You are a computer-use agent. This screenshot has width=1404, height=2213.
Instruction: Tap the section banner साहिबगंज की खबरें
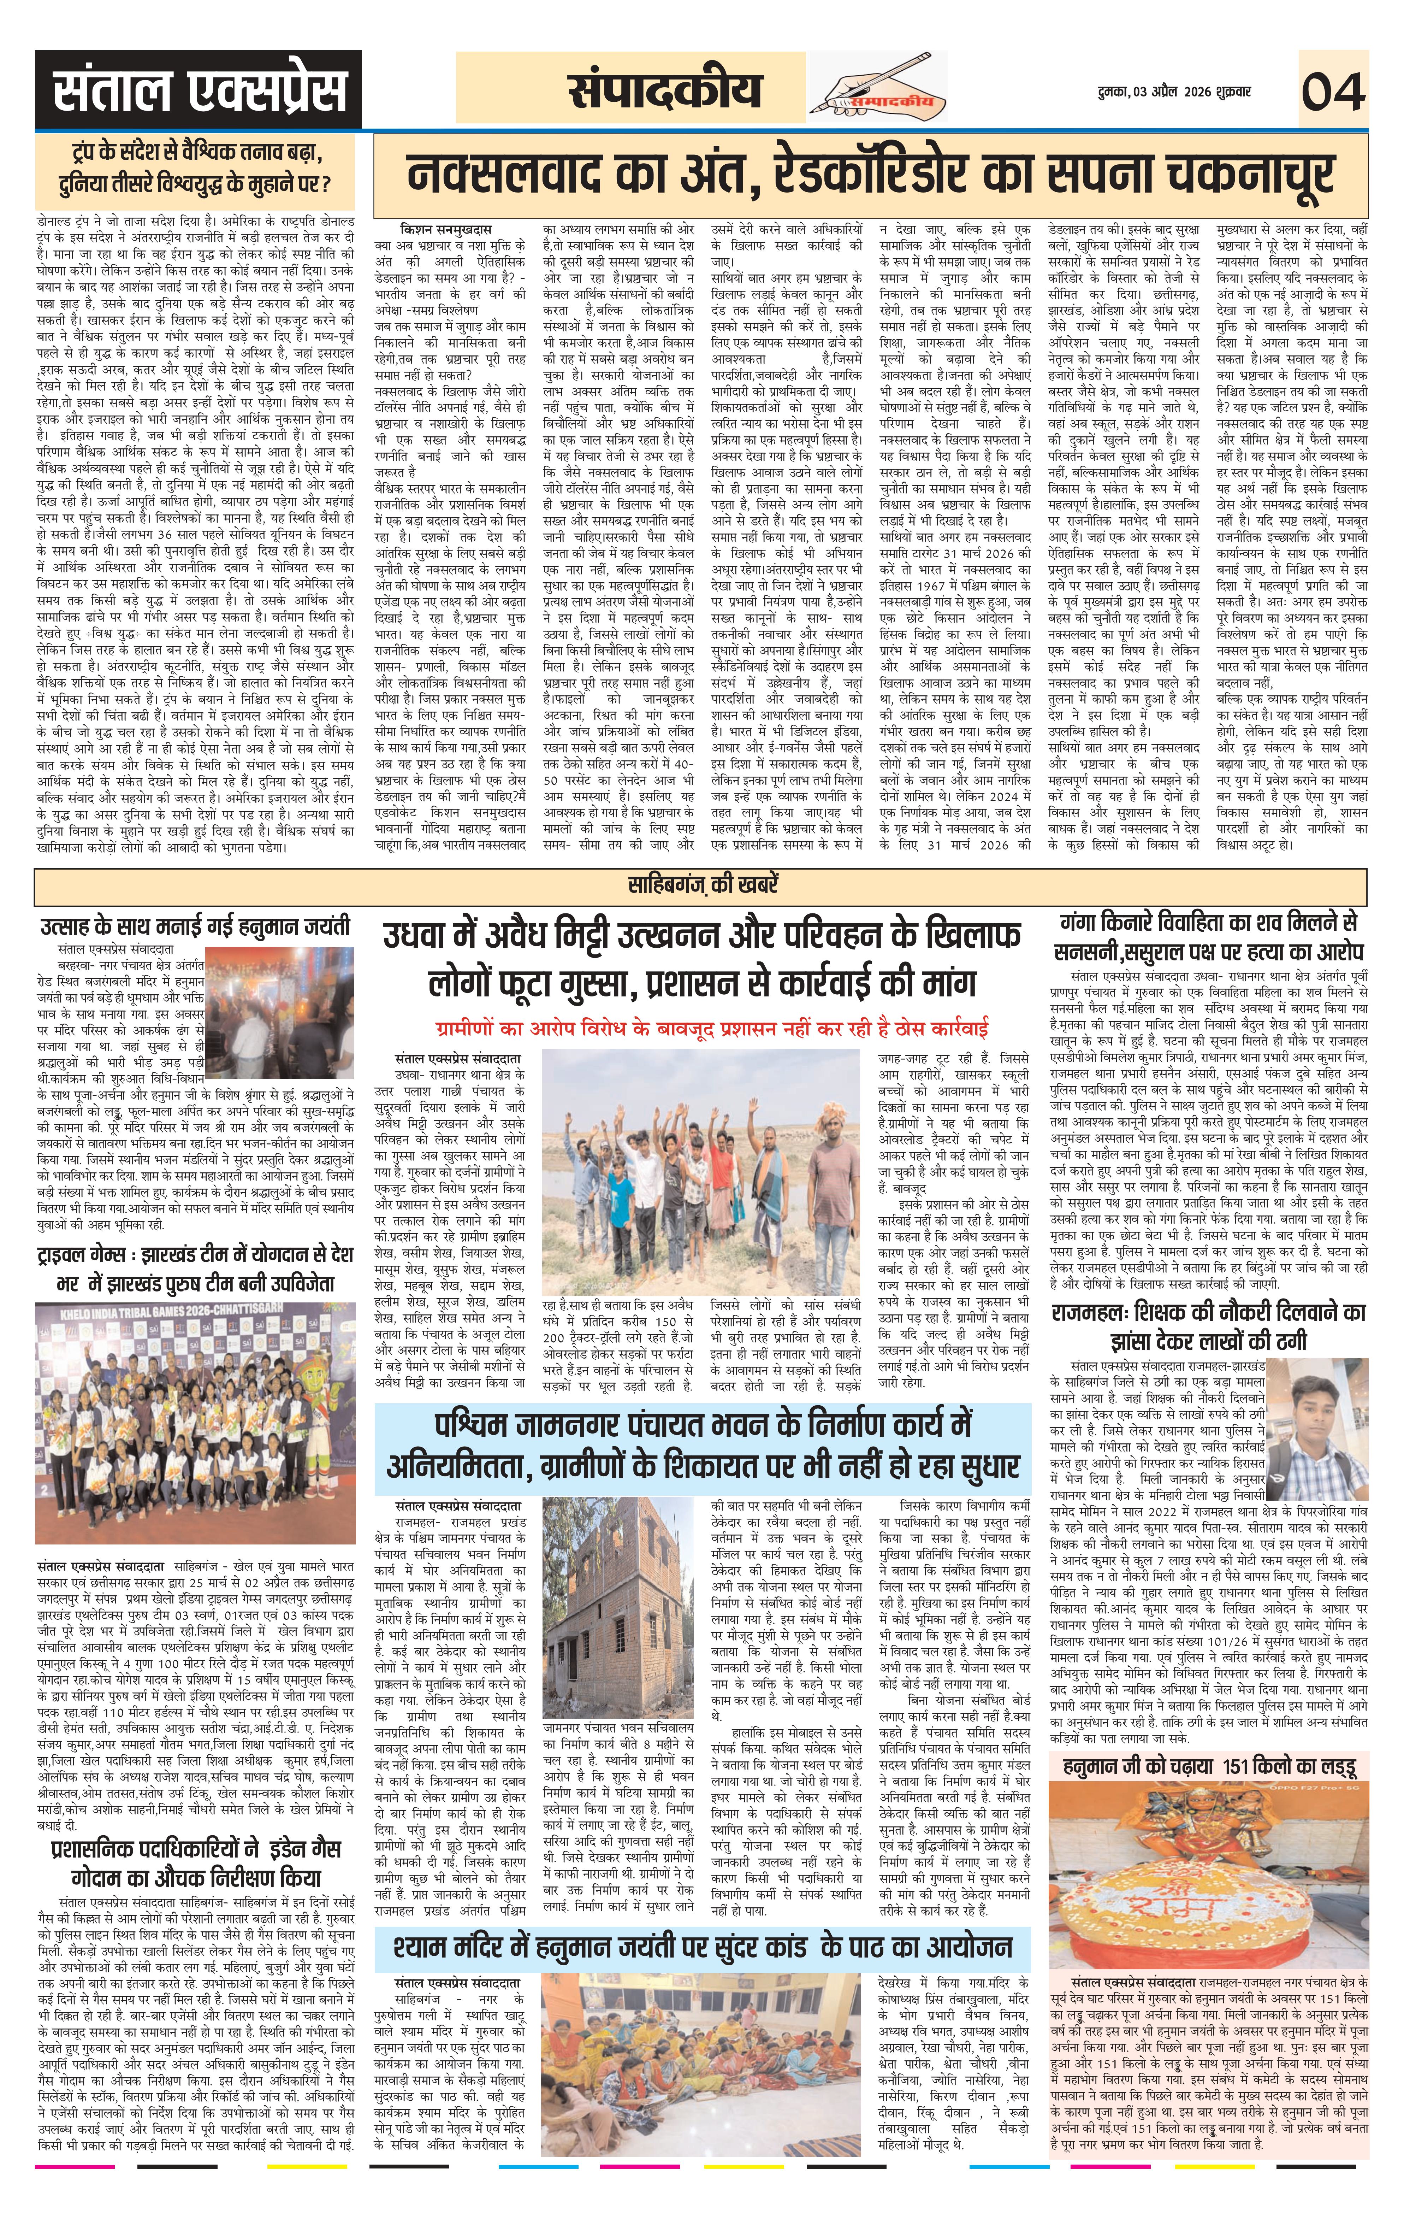(702, 885)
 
